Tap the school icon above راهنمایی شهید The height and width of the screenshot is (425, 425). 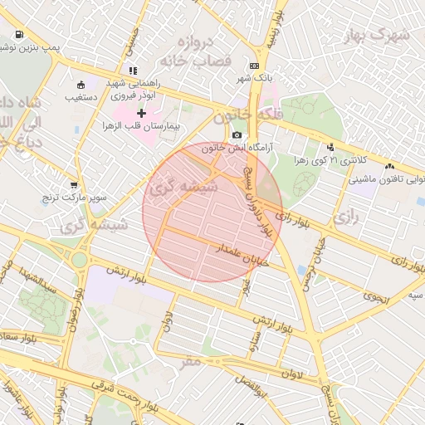click(134, 71)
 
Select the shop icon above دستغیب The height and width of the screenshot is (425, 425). click(81, 85)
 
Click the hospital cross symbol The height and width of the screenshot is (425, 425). click(140, 112)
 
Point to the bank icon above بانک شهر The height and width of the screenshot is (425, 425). click(253, 66)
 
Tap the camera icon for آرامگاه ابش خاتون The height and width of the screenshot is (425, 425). click(237, 135)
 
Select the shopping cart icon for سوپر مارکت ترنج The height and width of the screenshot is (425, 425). click(74, 185)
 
